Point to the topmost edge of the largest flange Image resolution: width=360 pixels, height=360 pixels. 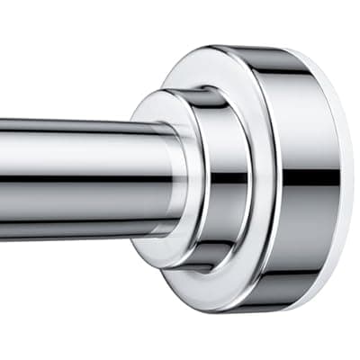click(x=270, y=45)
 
